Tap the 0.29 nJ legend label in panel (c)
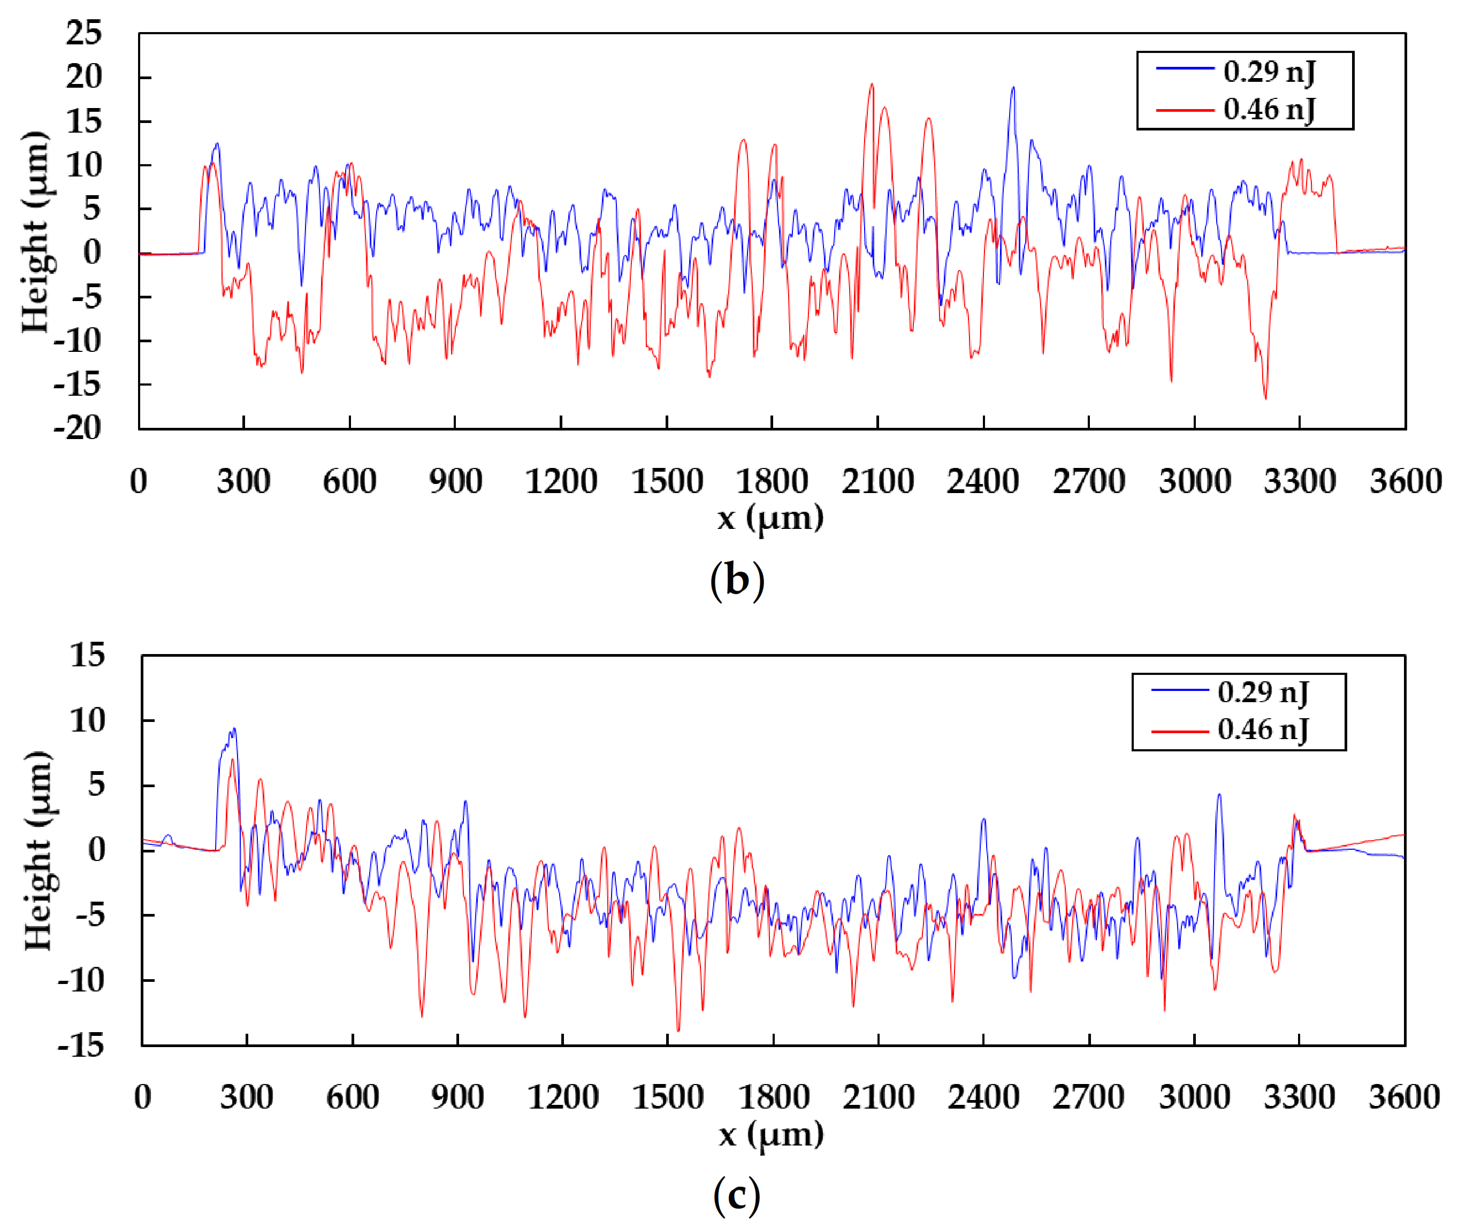click(x=1263, y=693)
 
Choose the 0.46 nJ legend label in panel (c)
click(x=1263, y=729)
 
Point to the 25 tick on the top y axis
click(x=83, y=33)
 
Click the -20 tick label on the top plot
click(x=78, y=427)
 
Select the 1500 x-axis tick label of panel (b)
click(x=667, y=481)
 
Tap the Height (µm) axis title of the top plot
click(x=35, y=232)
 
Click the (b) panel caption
click(x=737, y=580)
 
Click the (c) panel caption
click(x=737, y=1195)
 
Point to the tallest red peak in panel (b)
click(x=871, y=85)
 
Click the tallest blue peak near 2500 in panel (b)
click(x=1013, y=88)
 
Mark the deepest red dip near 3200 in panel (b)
click(x=1265, y=397)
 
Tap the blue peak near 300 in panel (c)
click(x=234, y=729)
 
